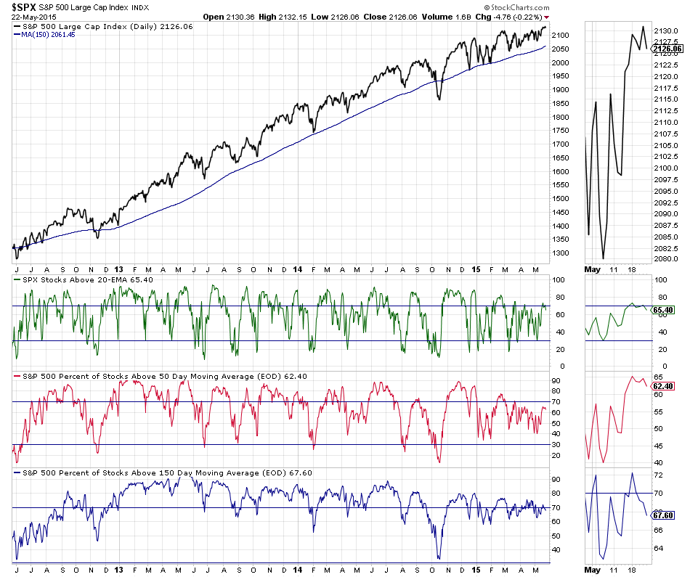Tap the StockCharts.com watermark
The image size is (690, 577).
click(511, 7)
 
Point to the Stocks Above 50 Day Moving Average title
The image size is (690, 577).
click(160, 376)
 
